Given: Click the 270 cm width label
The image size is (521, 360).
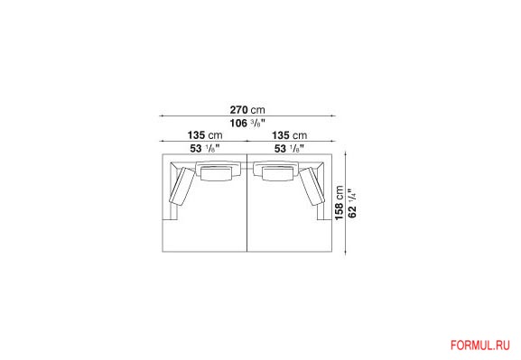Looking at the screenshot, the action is pyautogui.click(x=247, y=109).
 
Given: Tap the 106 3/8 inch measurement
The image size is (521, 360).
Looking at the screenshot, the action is pyautogui.click(x=247, y=124).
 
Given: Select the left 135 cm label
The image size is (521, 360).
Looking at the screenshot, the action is pyautogui.click(x=205, y=135).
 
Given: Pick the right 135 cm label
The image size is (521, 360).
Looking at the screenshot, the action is pyautogui.click(x=290, y=135).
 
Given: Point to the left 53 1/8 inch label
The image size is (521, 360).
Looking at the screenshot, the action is pyautogui.click(x=205, y=149).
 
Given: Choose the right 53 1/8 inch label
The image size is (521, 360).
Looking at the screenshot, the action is pyautogui.click(x=290, y=149).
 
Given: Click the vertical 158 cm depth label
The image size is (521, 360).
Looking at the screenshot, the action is pyautogui.click(x=340, y=203).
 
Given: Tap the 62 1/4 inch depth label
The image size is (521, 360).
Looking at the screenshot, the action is pyautogui.click(x=352, y=203).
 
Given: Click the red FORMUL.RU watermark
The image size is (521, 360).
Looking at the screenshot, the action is pyautogui.click(x=479, y=346).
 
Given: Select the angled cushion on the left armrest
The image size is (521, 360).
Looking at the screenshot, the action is pyautogui.click(x=181, y=185).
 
